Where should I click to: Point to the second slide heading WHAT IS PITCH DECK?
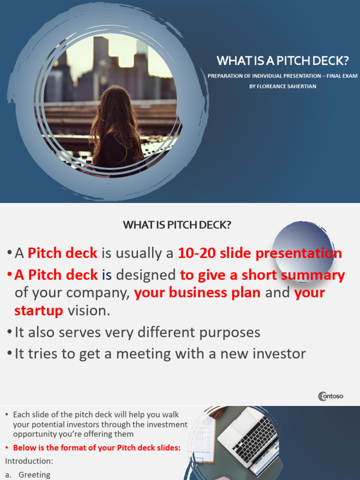177,225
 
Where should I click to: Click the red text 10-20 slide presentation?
260,253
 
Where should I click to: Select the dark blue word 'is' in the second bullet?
107,275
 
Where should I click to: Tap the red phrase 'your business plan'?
197,293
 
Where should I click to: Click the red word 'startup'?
38,310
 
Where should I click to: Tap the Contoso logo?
331,396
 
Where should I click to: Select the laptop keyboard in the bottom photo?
254,435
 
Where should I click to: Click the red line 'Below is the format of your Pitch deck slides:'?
97,448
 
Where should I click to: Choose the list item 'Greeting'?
34,474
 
